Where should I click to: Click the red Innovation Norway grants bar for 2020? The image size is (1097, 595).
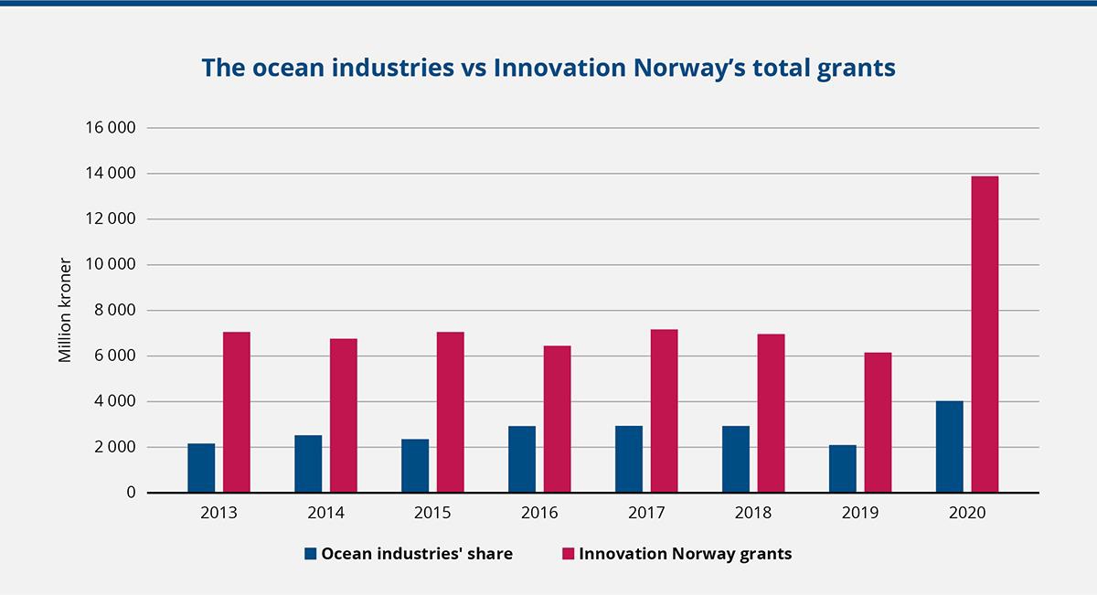click(x=985, y=335)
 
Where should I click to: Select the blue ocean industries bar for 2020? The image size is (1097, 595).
click(x=949, y=447)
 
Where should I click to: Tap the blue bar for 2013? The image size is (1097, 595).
click(x=201, y=468)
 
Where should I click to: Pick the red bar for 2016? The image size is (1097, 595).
click(x=557, y=420)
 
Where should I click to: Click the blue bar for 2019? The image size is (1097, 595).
click(x=842, y=469)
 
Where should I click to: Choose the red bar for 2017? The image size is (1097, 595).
click(x=664, y=411)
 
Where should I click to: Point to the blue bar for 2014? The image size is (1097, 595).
click(x=308, y=464)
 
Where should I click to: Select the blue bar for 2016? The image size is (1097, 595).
click(x=522, y=460)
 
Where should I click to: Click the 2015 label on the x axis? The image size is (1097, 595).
click(x=432, y=514)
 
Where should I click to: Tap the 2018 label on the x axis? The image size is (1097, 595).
click(x=753, y=514)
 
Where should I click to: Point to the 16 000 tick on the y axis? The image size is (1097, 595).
click(x=110, y=128)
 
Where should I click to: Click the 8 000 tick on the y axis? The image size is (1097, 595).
click(x=114, y=311)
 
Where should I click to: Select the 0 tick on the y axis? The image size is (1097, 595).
click(x=131, y=493)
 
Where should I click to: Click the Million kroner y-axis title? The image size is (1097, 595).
click(x=65, y=311)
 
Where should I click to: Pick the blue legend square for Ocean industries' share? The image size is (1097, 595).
click(x=311, y=554)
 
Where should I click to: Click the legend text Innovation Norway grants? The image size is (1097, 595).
click(x=686, y=554)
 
